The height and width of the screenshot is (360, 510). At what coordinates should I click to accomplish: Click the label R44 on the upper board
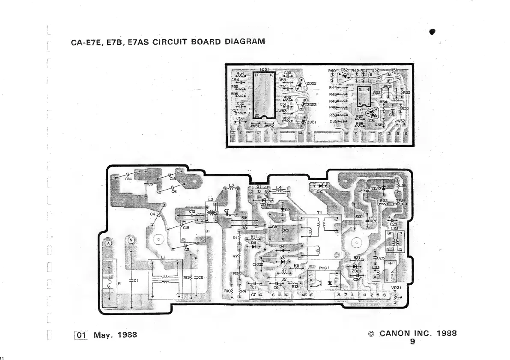coord(333,87)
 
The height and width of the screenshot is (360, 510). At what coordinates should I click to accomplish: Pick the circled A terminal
coord(108,243)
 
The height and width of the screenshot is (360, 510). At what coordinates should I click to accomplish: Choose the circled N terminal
coord(131,240)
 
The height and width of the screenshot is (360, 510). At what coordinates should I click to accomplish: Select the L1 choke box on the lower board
coord(164,278)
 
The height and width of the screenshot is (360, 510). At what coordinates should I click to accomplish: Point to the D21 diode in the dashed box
coord(319,186)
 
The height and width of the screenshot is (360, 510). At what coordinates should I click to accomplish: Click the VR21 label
coord(396,288)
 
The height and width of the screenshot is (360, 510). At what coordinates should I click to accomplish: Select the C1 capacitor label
coord(135,280)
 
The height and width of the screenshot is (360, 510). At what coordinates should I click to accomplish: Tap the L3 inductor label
coord(231,185)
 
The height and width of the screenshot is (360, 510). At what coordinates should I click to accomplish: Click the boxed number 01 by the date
coord(82,335)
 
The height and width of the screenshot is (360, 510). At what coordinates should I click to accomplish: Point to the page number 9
coord(412,341)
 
